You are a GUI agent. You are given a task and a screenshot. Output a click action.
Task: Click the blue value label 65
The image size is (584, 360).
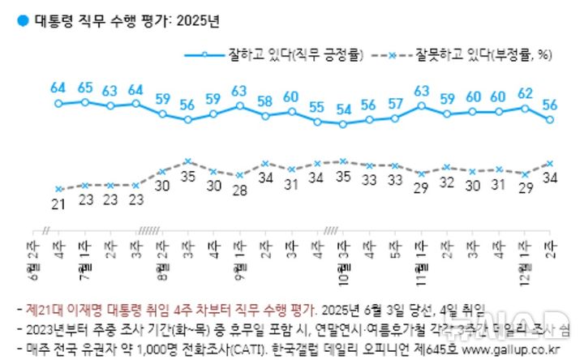(x=84, y=87)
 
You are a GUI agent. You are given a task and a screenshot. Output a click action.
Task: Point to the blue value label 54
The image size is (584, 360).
(x=343, y=109)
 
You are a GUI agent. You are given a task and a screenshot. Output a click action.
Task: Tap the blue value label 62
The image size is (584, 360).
(x=525, y=92)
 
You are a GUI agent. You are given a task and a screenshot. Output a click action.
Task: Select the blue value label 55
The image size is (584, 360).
(x=317, y=106)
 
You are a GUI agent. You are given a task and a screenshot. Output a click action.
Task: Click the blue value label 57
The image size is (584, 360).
(x=395, y=103)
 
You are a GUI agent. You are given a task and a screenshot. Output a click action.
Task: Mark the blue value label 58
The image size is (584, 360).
(x=265, y=101)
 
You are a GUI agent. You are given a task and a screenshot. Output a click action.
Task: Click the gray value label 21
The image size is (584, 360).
(x=58, y=205)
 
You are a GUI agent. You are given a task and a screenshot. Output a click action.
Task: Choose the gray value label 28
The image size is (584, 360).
(x=239, y=191)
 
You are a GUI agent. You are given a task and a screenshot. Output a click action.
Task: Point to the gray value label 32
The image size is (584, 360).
(x=447, y=182)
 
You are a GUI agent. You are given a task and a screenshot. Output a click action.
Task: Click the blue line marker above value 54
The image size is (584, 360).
(x=343, y=124)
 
